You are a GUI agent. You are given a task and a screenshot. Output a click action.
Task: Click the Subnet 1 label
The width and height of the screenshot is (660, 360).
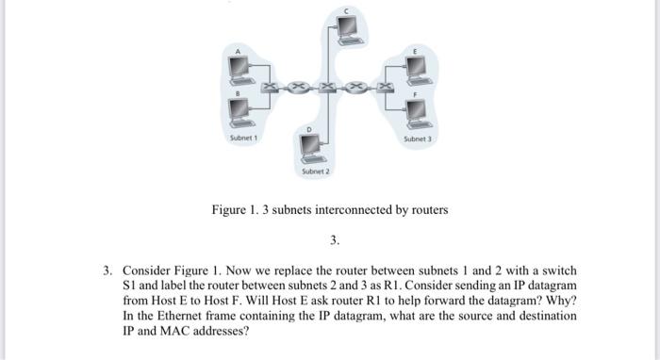pyautogui.click(x=244, y=139)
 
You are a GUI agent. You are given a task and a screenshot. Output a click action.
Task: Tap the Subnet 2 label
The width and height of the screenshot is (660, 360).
pyautogui.click(x=315, y=172)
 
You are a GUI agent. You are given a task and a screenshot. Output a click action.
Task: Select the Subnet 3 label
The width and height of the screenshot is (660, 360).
pyautogui.click(x=417, y=139)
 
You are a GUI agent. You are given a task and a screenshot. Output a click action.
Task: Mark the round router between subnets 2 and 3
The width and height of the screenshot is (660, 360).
pyautogui.click(x=358, y=88)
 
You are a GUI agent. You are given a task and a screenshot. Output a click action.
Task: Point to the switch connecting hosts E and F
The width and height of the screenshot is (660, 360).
pyautogui.click(x=387, y=88)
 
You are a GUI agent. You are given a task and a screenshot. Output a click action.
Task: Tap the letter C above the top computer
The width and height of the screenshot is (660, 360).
pyautogui.click(x=346, y=9)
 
